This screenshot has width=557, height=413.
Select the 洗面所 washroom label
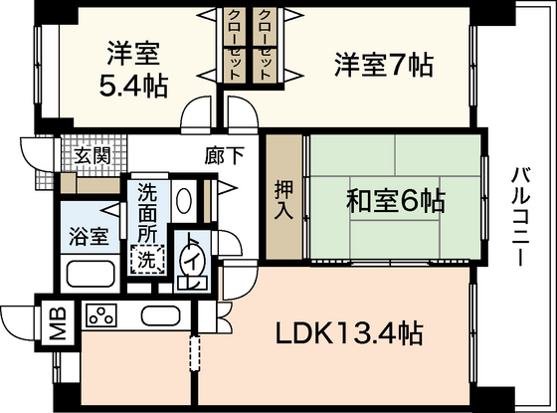tap(147, 213)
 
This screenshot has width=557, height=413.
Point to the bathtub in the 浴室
tap(90, 272)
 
